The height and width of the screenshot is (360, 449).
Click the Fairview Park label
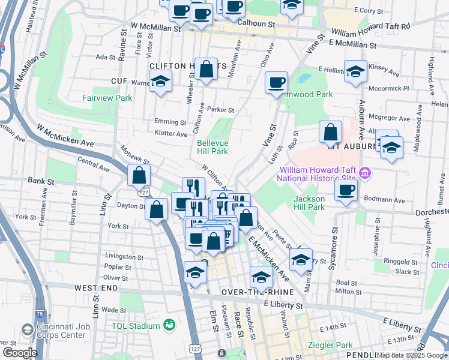click(x=107, y=97)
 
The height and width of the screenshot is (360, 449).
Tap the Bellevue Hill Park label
click(x=212, y=147)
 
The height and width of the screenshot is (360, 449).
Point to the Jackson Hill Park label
click(x=309, y=203)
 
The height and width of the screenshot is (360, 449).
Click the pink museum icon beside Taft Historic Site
click(x=364, y=173)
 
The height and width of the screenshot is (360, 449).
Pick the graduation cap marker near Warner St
click(x=160, y=82)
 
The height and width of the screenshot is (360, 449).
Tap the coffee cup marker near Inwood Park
click(x=276, y=82)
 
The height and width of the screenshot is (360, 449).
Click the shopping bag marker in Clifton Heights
click(x=206, y=69)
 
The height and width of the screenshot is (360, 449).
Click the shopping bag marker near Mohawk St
click(x=139, y=175)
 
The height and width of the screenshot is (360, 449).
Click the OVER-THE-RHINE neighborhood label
click(x=258, y=292)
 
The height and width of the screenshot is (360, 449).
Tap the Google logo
click(x=19, y=353)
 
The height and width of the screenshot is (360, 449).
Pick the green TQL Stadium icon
click(x=170, y=325)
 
